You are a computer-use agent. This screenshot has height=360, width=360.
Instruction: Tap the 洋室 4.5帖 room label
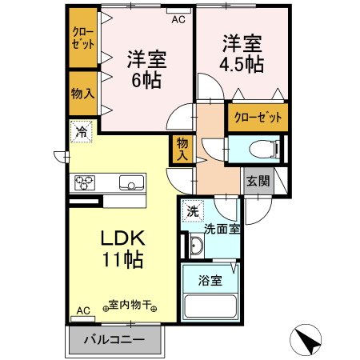pyautogui.click(x=242, y=53)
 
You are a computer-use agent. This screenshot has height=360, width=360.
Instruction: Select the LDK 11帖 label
pyautogui.click(x=121, y=248)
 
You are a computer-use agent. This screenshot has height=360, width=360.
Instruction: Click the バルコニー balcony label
pyautogui.click(x=114, y=339)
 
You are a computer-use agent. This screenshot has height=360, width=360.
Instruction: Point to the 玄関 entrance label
pyautogui.click(x=257, y=181)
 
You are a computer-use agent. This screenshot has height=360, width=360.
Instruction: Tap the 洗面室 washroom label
pyautogui.click(x=221, y=229)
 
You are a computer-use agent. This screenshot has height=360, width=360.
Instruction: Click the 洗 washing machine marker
pyautogui.click(x=192, y=212)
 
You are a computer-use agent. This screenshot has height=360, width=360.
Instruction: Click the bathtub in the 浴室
pyautogui.click(x=211, y=307)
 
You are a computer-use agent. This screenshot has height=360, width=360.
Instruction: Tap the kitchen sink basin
pyautogui.click(x=130, y=183)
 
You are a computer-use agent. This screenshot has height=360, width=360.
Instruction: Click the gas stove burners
pyautogui.click(x=85, y=183)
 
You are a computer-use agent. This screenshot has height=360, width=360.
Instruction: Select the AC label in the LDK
pyautogui.click(x=83, y=310)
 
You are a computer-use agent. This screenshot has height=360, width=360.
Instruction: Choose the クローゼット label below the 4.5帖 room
pyautogui.click(x=258, y=118)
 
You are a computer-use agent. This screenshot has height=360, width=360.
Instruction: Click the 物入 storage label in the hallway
pyautogui.click(x=182, y=150)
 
